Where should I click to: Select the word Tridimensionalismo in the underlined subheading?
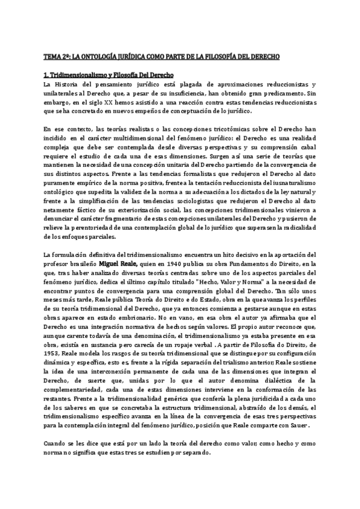[x=77, y=75]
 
